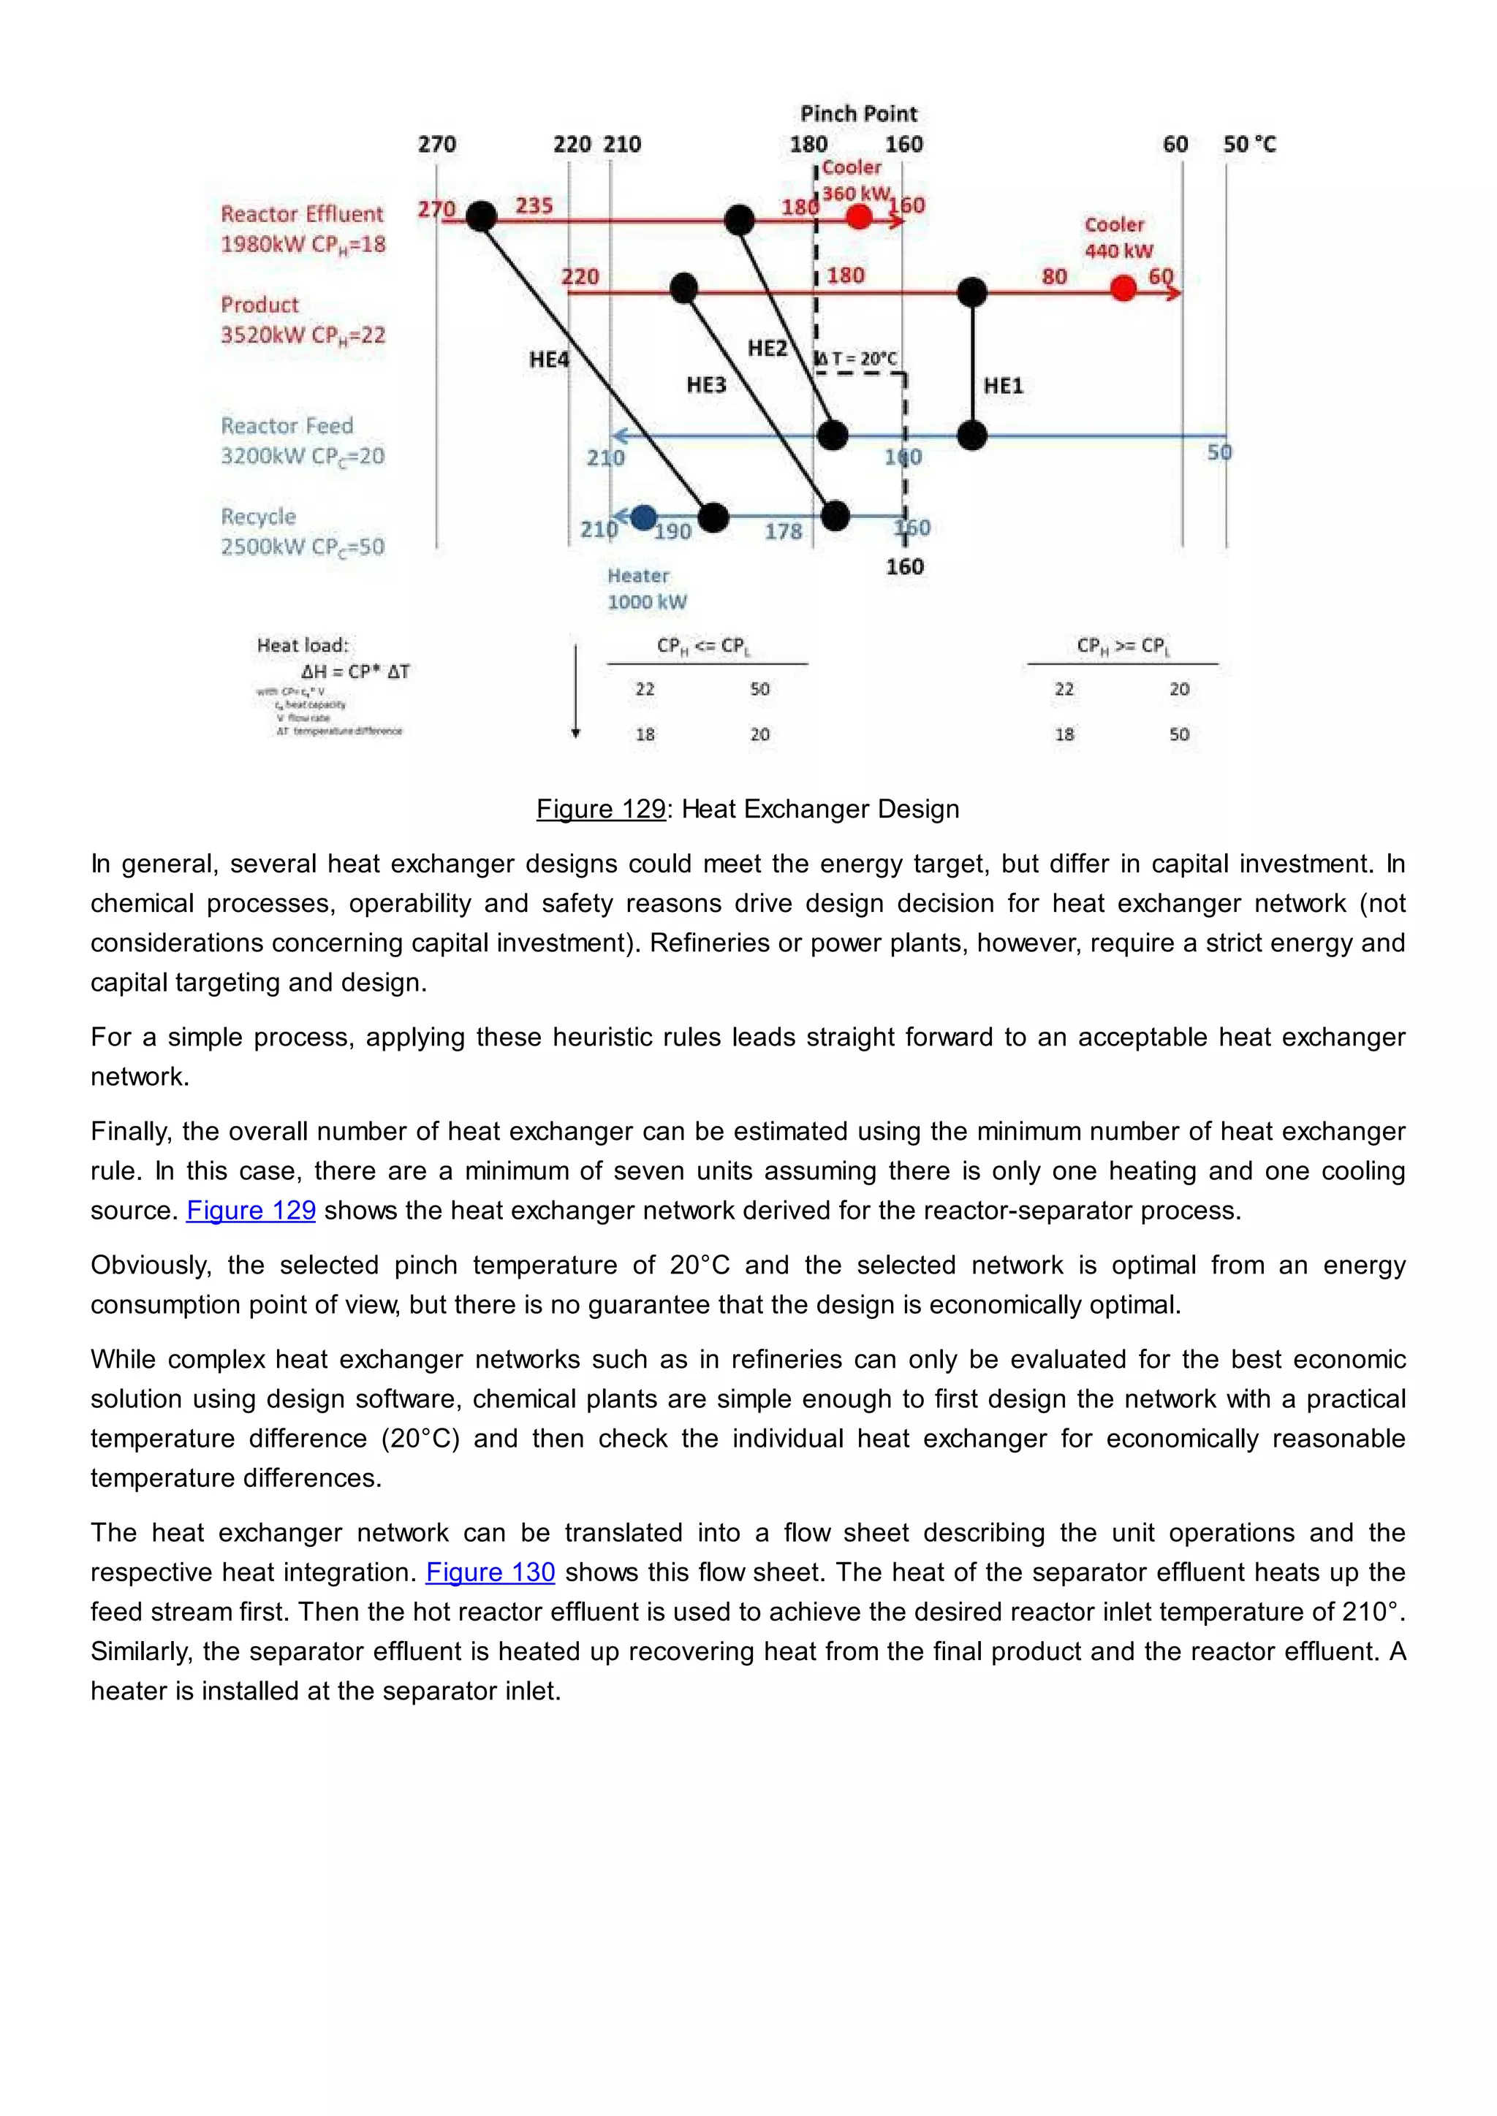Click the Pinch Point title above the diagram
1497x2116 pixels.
point(858,114)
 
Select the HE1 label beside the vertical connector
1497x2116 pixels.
point(1003,386)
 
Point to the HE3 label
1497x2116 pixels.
point(706,385)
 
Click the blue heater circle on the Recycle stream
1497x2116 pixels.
point(643,517)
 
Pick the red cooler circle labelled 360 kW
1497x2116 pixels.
point(859,218)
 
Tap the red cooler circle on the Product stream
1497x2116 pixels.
point(1123,289)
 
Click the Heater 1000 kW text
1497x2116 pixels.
point(646,589)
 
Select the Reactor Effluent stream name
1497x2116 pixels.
point(301,214)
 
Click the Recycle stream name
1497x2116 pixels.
point(258,517)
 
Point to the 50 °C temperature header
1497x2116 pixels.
point(1249,145)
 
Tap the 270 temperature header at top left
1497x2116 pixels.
point(437,145)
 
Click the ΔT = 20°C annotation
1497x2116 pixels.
point(857,359)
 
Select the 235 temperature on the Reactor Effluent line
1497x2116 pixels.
point(534,205)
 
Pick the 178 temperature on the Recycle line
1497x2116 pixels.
point(783,532)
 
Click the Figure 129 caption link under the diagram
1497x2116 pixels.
point(600,809)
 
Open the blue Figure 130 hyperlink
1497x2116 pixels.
point(490,1572)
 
